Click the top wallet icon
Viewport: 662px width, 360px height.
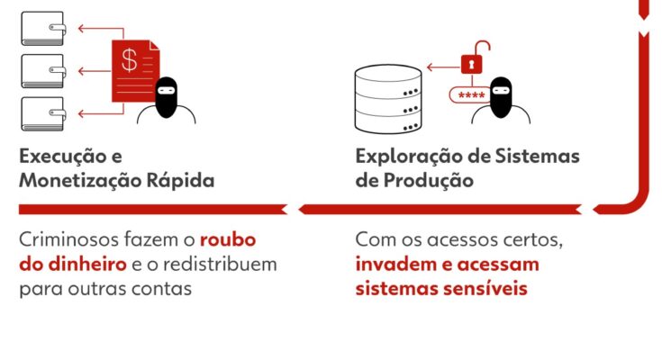pos(43,29)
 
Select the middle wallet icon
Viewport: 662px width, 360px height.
pos(43,71)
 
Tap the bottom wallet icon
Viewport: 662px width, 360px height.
pos(43,114)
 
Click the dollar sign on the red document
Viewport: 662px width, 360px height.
pos(129,60)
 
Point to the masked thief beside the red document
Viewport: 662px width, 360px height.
pos(167,101)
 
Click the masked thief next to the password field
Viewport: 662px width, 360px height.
pos(501,101)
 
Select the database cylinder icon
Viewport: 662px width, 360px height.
pos(388,99)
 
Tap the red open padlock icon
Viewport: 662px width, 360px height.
pos(475,58)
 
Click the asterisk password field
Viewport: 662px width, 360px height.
pos(470,95)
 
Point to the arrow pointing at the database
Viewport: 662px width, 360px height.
pos(443,67)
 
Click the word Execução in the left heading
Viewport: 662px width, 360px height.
pos(60,157)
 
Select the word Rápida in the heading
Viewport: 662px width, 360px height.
pos(180,181)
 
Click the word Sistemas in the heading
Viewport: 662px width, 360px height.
pos(537,157)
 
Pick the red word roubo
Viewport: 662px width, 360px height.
pos(228,239)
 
